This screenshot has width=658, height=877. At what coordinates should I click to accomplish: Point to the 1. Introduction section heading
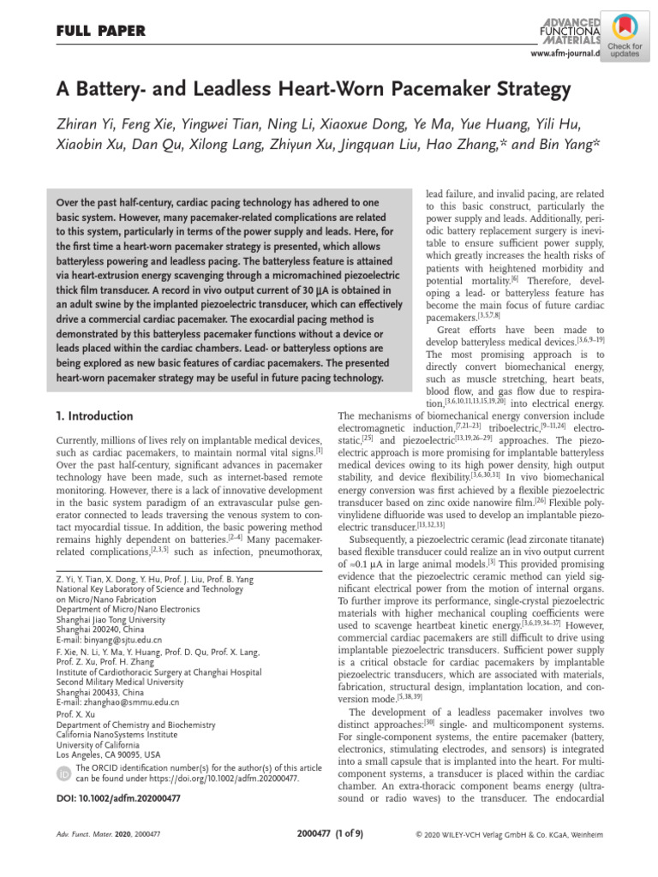[x=94, y=416]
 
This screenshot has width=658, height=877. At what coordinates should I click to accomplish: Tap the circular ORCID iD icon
[x=63, y=773]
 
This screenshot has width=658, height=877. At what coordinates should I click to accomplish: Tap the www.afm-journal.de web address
[x=565, y=54]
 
